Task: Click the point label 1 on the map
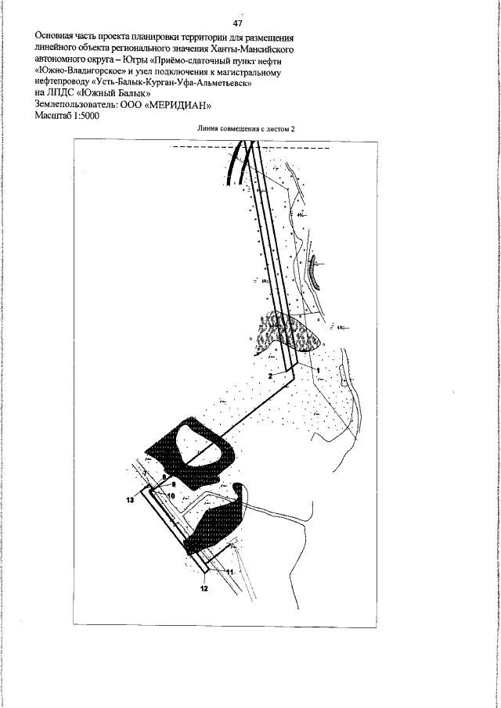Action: pos(319,368)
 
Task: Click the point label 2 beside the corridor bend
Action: pos(270,376)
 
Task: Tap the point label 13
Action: pos(131,498)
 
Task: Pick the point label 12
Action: pos(204,588)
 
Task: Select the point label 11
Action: pos(229,572)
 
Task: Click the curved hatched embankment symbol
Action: pos(315,271)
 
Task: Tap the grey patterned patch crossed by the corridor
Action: pos(292,332)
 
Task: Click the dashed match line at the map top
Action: pos(204,148)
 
